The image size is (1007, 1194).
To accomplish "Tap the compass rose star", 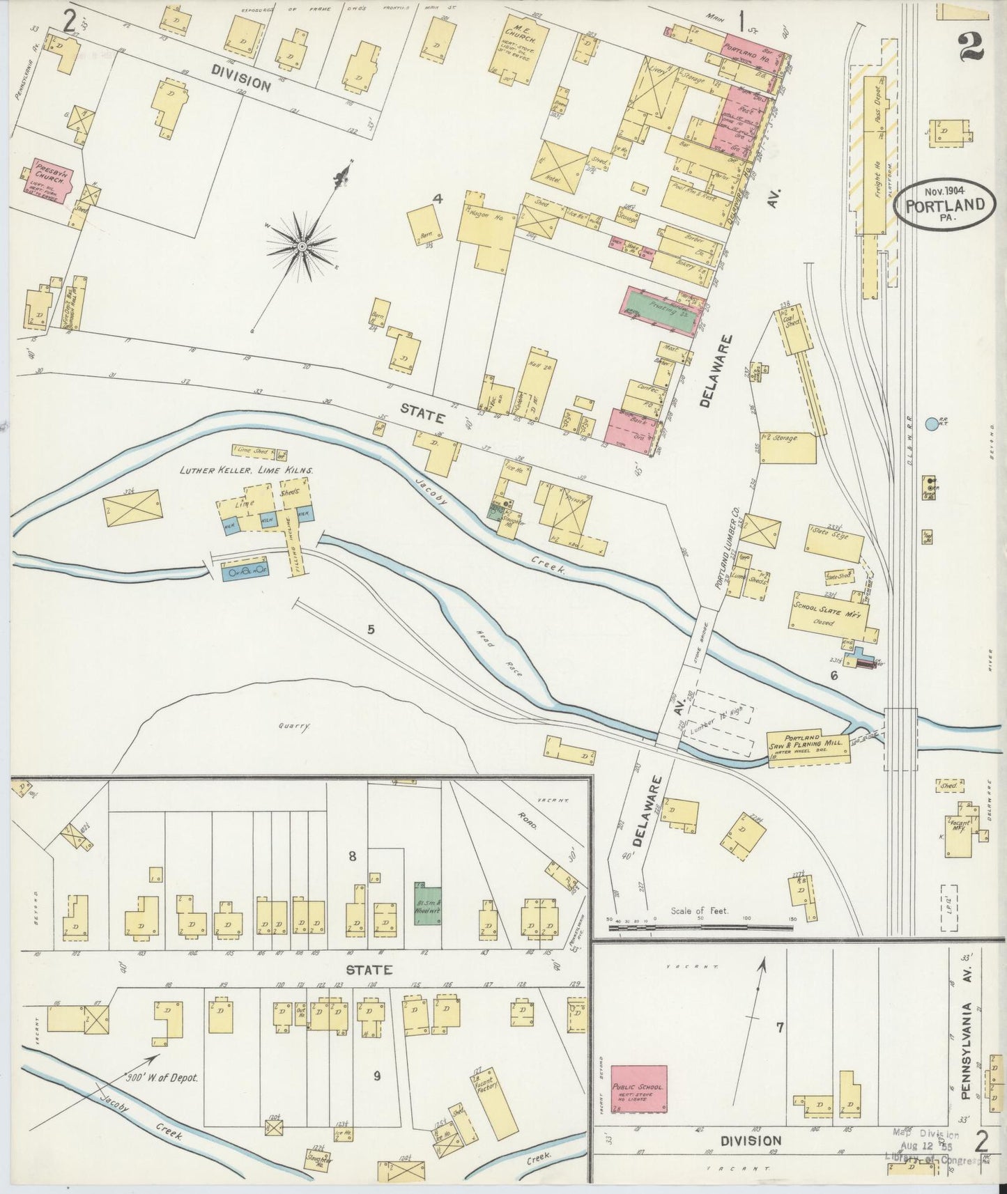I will point(302,247).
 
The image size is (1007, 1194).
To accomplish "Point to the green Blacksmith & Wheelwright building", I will point(428,904).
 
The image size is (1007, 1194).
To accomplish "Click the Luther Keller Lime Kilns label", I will point(246,471).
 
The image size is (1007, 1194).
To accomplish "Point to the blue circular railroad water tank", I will point(932,423).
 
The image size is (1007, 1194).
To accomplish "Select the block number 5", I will point(371,630).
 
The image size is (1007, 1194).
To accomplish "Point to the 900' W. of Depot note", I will point(167,1078).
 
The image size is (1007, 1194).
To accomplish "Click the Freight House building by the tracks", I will point(875,160).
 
